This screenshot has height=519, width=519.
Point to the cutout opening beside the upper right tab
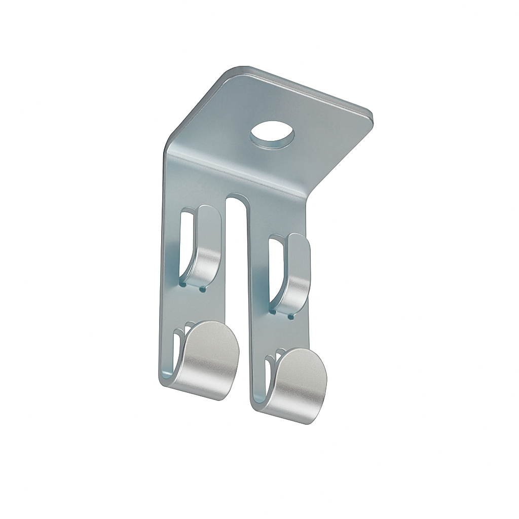pyautogui.click(x=276, y=269)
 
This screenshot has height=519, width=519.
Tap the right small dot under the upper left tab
pyautogui.click(x=202, y=289)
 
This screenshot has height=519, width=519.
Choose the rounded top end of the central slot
pyautogui.click(x=237, y=198)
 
